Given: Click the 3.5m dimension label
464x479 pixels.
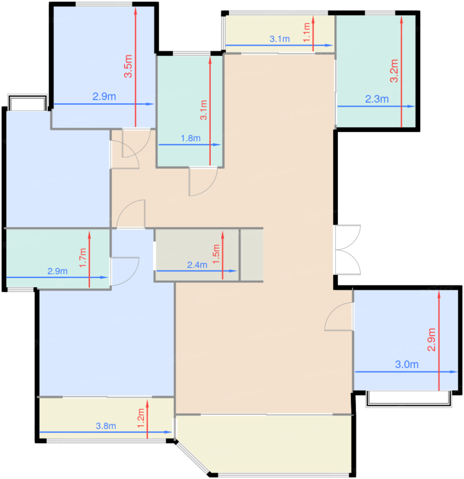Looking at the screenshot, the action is click(x=128, y=66).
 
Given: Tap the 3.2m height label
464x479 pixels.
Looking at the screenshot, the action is click(x=394, y=71).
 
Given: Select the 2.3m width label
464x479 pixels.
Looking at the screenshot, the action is click(x=377, y=99).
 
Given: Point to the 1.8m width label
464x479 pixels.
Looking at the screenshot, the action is click(x=190, y=138).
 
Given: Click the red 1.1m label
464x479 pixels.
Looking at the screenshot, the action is click(x=306, y=32).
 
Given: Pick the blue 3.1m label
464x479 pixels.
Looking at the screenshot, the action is click(x=279, y=39).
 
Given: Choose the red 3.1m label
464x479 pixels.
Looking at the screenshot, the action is click(x=203, y=110).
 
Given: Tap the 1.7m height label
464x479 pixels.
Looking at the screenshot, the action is click(x=83, y=258).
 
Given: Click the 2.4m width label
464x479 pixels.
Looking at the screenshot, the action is click(x=197, y=265).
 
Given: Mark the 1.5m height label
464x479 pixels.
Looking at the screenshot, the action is click(x=216, y=254).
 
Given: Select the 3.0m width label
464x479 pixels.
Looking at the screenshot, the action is click(x=406, y=364).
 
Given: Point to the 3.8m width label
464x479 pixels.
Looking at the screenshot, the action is click(x=106, y=426).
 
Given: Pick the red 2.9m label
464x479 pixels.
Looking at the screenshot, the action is click(x=431, y=340).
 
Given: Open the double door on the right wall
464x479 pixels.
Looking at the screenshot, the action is click(x=347, y=249).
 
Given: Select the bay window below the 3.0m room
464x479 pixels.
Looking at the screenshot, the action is click(x=409, y=399).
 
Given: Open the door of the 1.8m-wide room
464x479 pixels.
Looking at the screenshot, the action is click(x=203, y=182).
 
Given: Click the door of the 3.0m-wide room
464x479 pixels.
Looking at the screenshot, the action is click(x=339, y=316).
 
